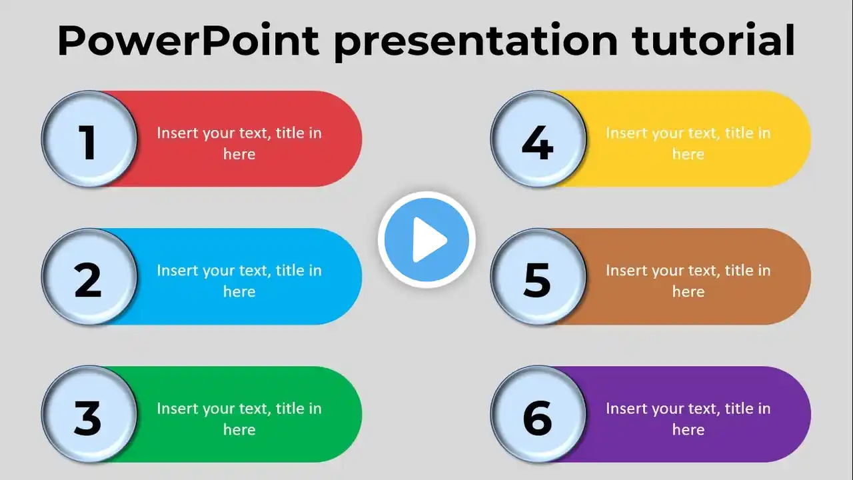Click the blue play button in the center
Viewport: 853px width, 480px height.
click(x=426, y=239)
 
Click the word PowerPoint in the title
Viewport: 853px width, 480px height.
click(x=188, y=41)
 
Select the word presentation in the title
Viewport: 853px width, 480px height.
click(x=476, y=42)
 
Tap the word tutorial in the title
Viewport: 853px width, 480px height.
click(x=713, y=39)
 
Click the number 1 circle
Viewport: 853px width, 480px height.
click(x=89, y=139)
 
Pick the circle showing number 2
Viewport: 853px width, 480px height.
click(x=89, y=277)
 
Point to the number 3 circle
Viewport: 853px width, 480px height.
click(x=89, y=415)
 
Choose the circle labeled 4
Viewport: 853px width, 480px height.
click(x=538, y=139)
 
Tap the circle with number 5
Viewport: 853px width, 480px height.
click(x=538, y=277)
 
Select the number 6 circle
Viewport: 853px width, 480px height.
click(x=538, y=415)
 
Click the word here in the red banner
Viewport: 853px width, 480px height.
click(x=239, y=154)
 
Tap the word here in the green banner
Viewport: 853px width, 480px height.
click(x=239, y=430)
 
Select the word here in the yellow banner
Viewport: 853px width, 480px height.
click(x=688, y=154)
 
